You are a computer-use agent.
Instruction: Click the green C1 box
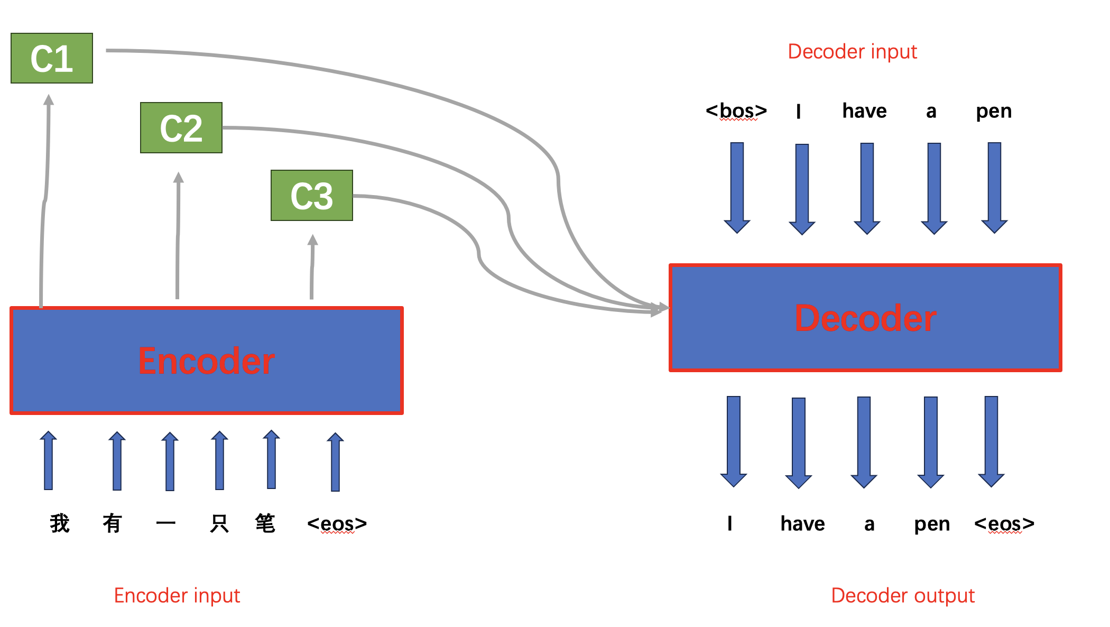click(x=52, y=58)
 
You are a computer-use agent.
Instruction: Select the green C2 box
click(x=181, y=128)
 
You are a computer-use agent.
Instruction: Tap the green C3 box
click(x=311, y=196)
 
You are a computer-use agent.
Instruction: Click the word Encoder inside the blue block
click(x=206, y=361)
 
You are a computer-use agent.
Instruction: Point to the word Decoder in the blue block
click(x=865, y=318)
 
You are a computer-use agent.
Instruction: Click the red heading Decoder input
click(x=852, y=52)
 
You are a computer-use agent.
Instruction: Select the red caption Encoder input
click(x=177, y=595)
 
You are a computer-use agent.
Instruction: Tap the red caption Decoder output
click(x=903, y=595)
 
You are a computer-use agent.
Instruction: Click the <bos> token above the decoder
click(x=736, y=111)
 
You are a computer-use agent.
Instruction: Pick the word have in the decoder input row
click(x=864, y=111)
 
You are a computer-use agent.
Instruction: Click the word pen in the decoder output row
click(x=932, y=524)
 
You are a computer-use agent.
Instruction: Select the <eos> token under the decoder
click(x=1004, y=524)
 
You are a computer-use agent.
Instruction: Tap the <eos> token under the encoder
click(x=337, y=524)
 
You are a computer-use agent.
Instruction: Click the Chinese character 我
click(x=60, y=523)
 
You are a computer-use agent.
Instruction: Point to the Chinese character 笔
click(x=265, y=523)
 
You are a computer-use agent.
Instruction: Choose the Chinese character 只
click(x=219, y=523)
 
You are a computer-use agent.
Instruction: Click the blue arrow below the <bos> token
click(x=737, y=188)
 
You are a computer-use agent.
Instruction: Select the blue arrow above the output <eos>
click(x=991, y=441)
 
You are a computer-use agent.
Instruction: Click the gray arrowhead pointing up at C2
click(x=179, y=178)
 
